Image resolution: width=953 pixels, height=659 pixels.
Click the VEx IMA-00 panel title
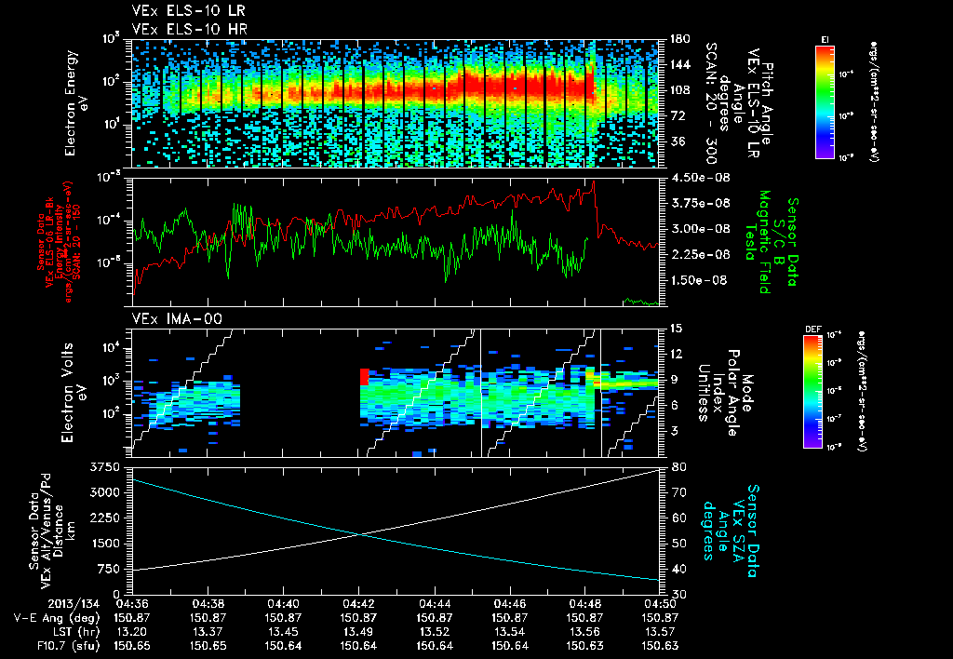pos(170,318)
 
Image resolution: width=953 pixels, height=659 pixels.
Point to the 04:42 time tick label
pos(358,603)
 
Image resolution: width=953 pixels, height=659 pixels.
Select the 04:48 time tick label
pos(584,603)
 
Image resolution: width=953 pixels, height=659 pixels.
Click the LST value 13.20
pos(132,631)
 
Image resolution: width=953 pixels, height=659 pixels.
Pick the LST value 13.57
pos(660,631)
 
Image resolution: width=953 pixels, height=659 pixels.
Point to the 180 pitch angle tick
pos(678,39)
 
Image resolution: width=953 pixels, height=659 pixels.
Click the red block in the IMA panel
pos(364,376)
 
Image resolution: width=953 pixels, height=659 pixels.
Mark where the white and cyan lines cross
pos(359,533)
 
